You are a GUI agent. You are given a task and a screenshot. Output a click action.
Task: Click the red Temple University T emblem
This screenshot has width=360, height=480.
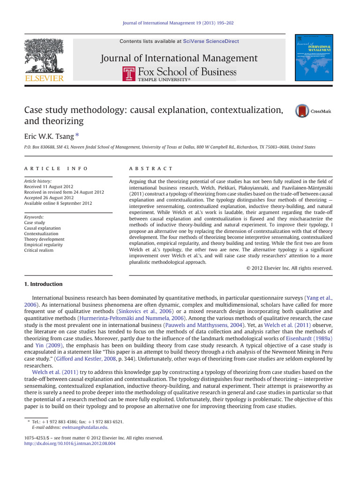tap(129, 74)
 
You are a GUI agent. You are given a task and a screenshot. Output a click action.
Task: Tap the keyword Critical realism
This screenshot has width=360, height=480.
tap(38, 250)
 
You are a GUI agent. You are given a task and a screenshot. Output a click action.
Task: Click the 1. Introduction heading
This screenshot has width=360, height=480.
tap(43, 284)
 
